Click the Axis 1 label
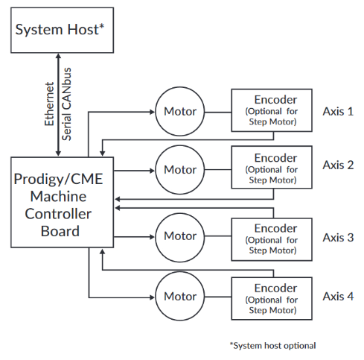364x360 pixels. click(x=338, y=111)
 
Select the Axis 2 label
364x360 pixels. click(x=338, y=165)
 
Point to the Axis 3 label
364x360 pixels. click(x=338, y=238)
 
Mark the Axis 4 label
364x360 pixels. click(x=338, y=296)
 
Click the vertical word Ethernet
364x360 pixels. click(x=49, y=104)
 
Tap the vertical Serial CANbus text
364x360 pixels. click(x=66, y=104)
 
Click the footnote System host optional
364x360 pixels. click(x=272, y=346)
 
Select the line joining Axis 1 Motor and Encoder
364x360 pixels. click(x=218, y=113)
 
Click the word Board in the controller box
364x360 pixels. click(x=60, y=231)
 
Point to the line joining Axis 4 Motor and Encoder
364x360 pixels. click(x=218, y=297)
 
